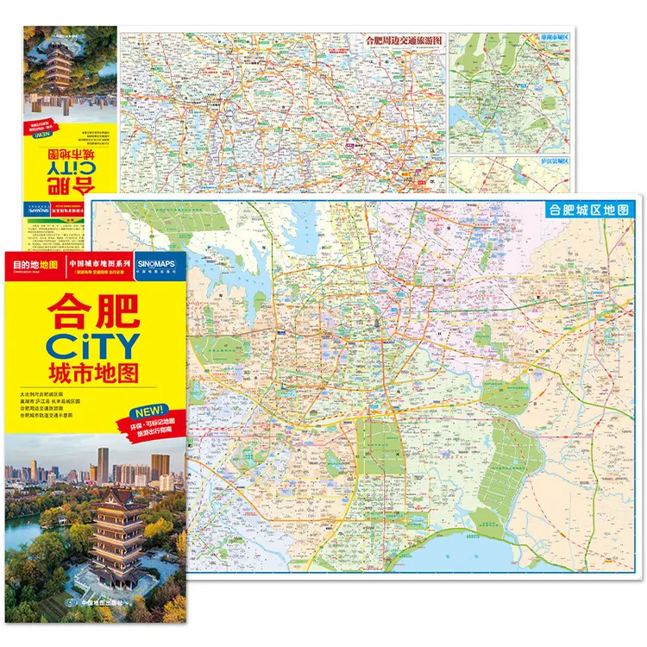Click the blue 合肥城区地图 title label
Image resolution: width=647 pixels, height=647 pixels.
tap(592, 210)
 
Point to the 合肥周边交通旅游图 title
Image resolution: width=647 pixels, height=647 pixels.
tap(403, 39)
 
